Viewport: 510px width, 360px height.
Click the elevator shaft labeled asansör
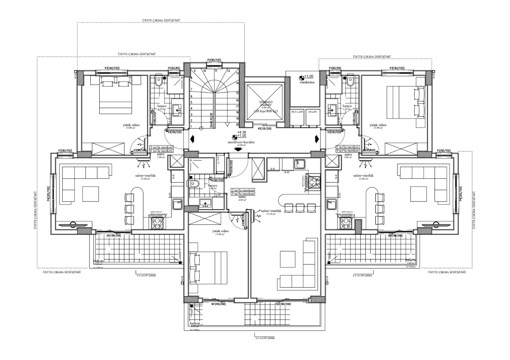click(265, 103)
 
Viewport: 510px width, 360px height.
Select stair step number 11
click(216, 71)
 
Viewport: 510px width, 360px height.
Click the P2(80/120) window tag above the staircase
click(214, 60)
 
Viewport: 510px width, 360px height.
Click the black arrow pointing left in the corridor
click(192, 138)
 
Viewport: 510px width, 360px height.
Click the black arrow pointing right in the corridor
click(317, 138)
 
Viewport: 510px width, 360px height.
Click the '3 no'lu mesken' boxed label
click(161, 147)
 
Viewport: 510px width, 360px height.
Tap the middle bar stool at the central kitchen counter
click(299, 207)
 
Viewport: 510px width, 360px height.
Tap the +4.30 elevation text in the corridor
click(242, 133)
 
